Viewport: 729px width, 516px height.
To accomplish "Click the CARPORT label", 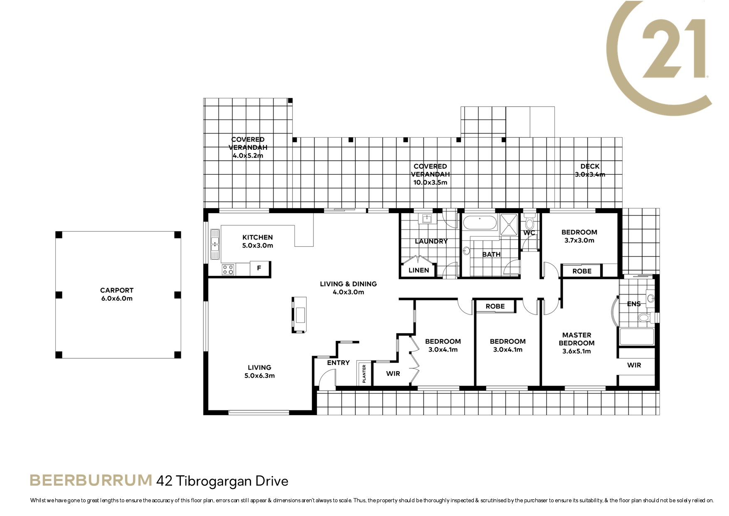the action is point(117,290).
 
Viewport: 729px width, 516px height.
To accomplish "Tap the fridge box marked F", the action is point(259,268).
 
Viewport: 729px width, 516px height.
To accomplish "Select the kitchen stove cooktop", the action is point(228,270).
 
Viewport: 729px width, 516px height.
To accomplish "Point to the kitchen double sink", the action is point(215,244).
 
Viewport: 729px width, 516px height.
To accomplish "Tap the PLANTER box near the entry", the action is point(364,373).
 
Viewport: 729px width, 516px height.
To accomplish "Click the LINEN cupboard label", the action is point(419,270).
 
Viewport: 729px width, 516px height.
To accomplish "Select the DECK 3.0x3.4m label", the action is point(590,171).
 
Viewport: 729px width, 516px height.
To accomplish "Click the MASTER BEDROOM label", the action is point(576,339).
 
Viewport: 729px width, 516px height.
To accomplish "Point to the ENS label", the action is point(634,304).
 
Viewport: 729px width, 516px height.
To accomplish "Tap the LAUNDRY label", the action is point(431,241).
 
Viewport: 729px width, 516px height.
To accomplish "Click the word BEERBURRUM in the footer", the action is point(91,480).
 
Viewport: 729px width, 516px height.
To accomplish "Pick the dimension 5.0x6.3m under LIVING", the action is point(259,376).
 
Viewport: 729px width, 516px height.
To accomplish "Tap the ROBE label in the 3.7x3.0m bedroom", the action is point(582,271).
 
